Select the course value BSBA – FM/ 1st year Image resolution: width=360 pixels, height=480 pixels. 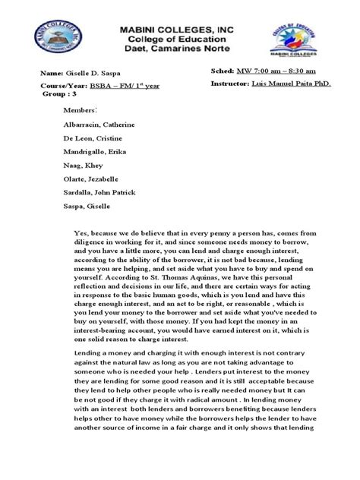click(x=112, y=88)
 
